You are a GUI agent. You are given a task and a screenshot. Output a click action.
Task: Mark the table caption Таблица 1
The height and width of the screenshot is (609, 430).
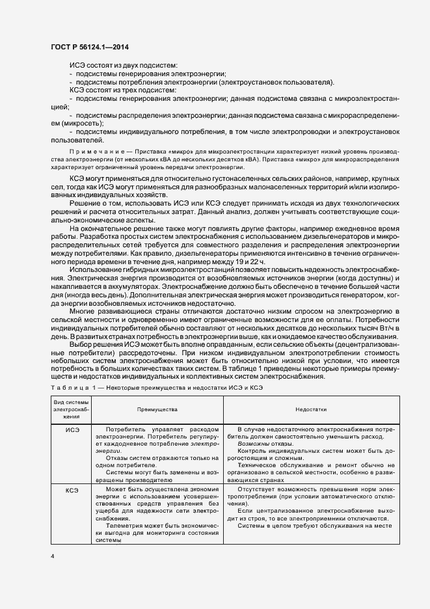(74, 388)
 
